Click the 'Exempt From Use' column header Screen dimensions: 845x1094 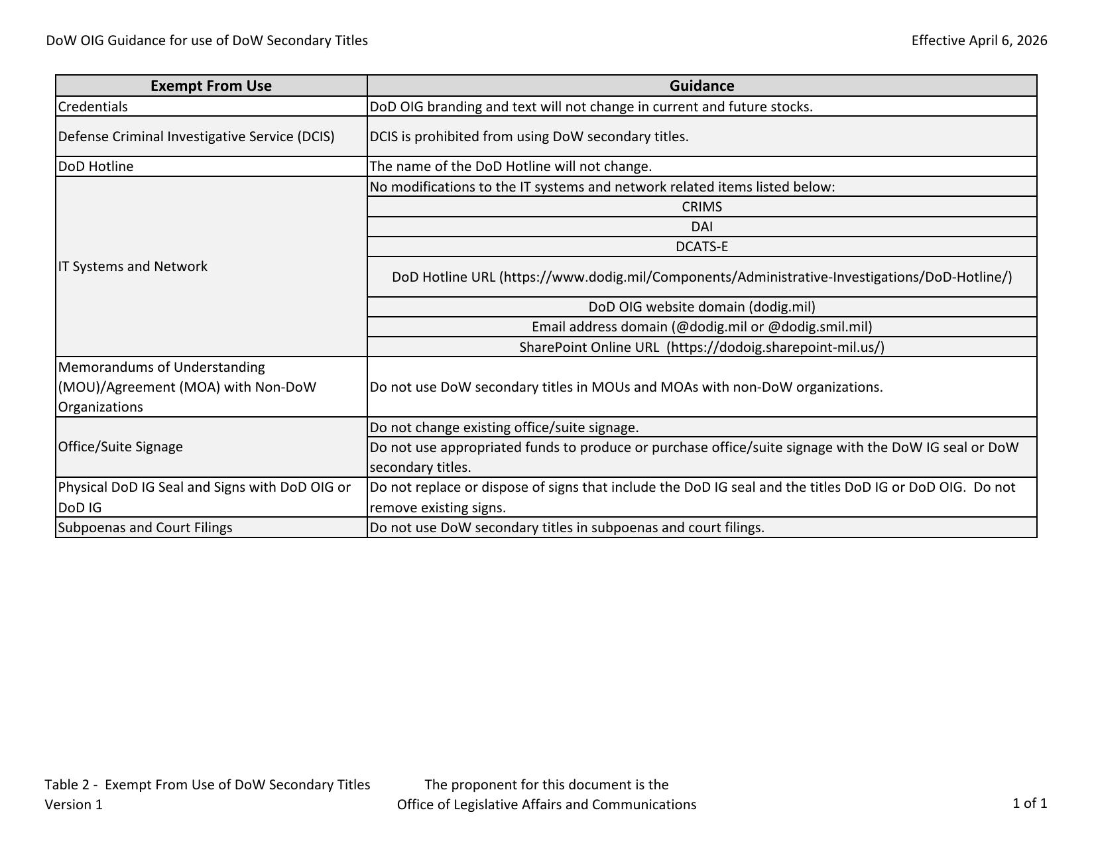point(211,85)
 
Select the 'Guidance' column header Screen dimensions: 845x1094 point(701,85)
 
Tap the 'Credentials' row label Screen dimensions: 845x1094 point(93,107)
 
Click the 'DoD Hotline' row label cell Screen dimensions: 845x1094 point(95,166)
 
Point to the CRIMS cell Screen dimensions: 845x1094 point(701,207)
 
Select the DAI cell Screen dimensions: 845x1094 point(701,227)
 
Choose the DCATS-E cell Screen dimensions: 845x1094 point(701,247)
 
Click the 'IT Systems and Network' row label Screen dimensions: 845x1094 point(133,266)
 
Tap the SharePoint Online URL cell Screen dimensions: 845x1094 point(701,347)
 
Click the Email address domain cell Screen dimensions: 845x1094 point(701,327)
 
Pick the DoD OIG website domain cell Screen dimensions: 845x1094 point(701,307)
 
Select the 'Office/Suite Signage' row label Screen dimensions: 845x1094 point(120,447)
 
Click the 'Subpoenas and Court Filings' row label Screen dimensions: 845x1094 point(145,528)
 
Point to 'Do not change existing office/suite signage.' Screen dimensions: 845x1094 point(504,427)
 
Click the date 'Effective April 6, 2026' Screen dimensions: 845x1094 point(979,40)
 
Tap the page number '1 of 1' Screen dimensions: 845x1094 point(1029,803)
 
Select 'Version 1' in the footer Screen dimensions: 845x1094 point(74,805)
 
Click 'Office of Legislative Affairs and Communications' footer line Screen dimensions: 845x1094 point(546,805)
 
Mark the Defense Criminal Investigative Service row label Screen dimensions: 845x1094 point(196,137)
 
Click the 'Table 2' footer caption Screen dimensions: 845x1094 point(207,785)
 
